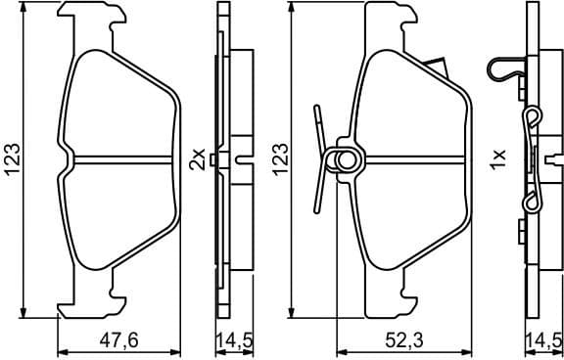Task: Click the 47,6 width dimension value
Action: pyautogui.click(x=120, y=340)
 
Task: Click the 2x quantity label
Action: pyautogui.click(x=197, y=157)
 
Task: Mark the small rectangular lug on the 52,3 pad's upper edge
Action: pyautogui.click(x=437, y=68)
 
